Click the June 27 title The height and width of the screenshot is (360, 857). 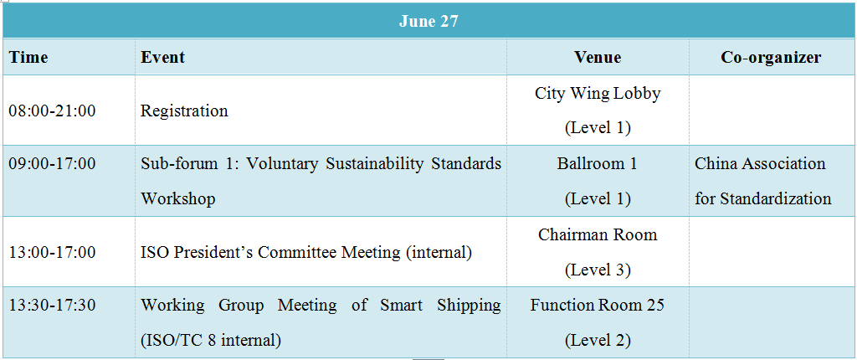click(428, 21)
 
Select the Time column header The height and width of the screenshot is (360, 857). click(28, 57)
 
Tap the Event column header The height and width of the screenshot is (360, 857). click(163, 57)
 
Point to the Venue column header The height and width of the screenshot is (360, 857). click(598, 57)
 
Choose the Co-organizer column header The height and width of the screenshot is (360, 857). click(771, 57)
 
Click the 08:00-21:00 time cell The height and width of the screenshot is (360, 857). click(52, 111)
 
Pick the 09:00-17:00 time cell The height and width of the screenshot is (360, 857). click(52, 163)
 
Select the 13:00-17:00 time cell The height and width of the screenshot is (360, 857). click(52, 252)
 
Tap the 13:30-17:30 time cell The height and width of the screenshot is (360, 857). click(52, 305)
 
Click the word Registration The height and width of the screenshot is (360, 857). click(184, 111)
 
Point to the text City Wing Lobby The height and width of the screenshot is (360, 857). click(598, 94)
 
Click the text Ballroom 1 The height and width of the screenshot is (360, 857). click(598, 163)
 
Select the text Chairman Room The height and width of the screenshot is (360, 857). click(598, 234)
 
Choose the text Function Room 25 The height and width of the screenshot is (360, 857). click(598, 305)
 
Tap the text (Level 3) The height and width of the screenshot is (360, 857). click(598, 270)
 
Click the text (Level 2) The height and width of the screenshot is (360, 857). click(598, 340)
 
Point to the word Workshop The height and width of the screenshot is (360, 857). click(178, 198)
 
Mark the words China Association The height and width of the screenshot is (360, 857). click(760, 163)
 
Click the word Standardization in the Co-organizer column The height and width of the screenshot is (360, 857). click(776, 198)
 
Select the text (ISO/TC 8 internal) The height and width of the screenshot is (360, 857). click(211, 340)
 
